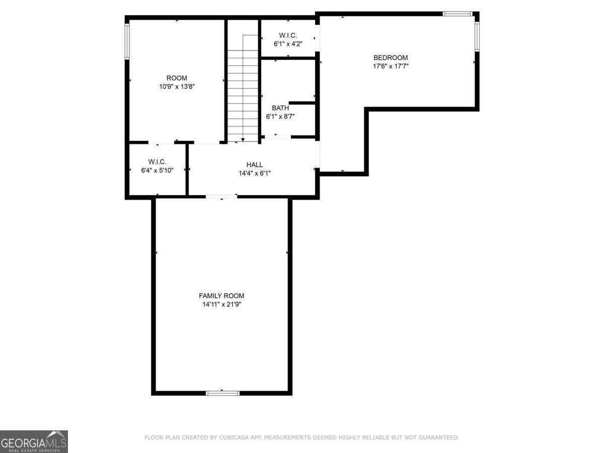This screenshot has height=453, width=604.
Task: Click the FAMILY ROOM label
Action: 221,296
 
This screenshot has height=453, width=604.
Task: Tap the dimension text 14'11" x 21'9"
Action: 221,305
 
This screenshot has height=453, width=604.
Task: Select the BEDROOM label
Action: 390,57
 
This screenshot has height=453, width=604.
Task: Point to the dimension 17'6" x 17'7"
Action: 390,66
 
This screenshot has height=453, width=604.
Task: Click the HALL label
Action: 254,165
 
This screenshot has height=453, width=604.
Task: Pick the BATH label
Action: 280,108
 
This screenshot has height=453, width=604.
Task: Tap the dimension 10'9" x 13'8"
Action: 177,87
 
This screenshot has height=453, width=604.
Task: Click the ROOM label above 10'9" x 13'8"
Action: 177,78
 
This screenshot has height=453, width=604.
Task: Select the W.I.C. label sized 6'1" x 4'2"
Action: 288,35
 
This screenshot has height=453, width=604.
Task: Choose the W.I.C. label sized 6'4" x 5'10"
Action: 157,162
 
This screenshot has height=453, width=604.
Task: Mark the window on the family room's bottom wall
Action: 222,393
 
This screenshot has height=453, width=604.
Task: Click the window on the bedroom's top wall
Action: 458,14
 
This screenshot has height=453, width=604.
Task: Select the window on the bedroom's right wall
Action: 476,36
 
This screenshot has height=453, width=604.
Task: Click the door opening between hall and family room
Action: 221,196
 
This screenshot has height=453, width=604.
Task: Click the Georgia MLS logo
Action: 34,441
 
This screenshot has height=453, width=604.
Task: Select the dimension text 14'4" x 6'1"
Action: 254,174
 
